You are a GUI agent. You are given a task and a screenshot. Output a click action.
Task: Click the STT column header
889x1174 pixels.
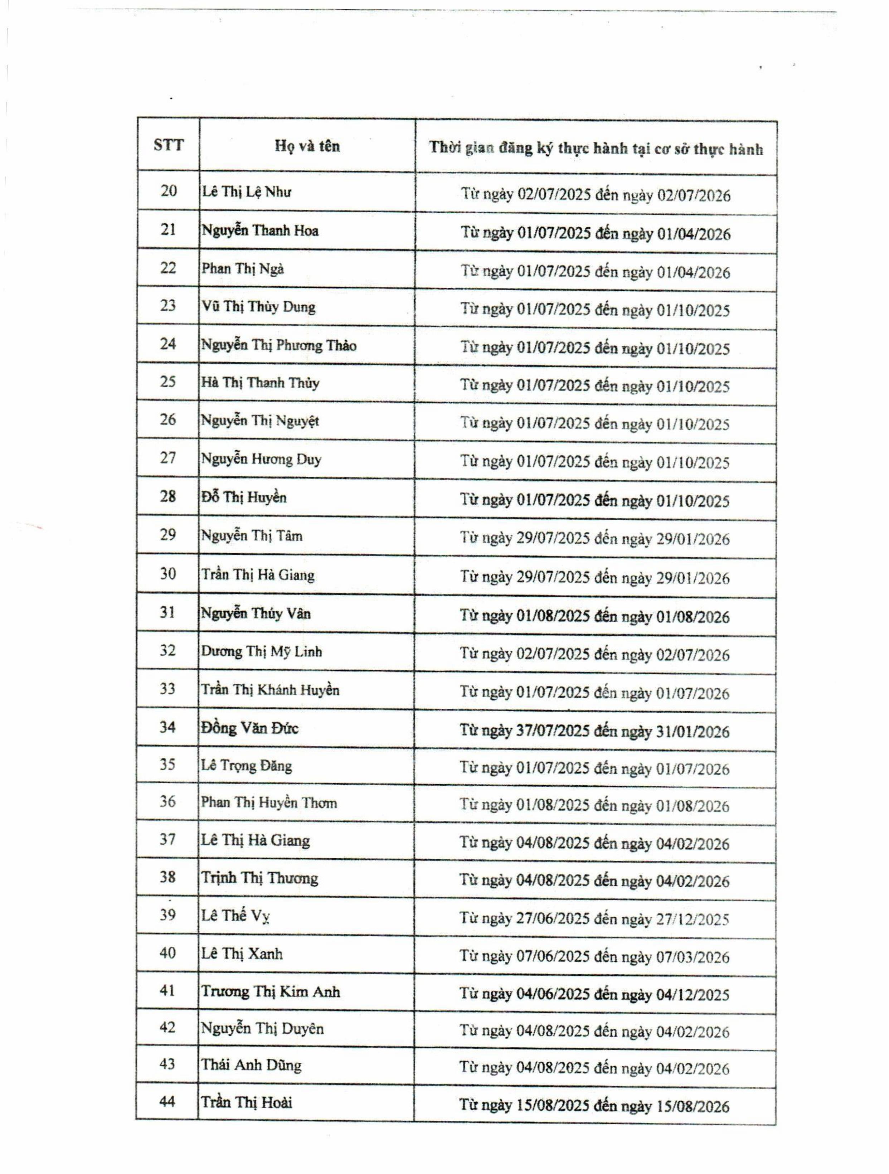click(x=168, y=145)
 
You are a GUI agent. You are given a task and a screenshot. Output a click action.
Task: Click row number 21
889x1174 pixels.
click(x=168, y=230)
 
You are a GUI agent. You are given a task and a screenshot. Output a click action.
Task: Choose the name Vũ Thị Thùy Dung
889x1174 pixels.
click(x=258, y=307)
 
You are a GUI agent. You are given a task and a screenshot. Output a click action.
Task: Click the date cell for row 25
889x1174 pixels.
click(x=594, y=386)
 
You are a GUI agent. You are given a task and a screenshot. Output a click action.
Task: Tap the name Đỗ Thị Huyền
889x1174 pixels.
click(x=244, y=497)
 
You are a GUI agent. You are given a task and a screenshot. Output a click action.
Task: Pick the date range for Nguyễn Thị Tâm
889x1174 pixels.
click(x=594, y=539)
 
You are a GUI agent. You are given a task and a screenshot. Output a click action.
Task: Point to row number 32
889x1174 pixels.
click(x=168, y=651)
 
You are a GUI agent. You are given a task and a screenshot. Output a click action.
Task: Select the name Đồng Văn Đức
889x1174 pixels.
click(x=249, y=728)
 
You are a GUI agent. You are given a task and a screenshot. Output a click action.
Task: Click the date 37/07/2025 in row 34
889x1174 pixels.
click(x=553, y=731)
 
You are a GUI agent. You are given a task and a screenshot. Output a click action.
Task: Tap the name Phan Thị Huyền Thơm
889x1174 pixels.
click(x=268, y=802)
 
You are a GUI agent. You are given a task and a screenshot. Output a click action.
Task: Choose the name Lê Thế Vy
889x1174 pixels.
click(x=235, y=916)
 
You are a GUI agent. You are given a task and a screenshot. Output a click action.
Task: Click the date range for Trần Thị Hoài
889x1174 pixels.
click(x=594, y=1106)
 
